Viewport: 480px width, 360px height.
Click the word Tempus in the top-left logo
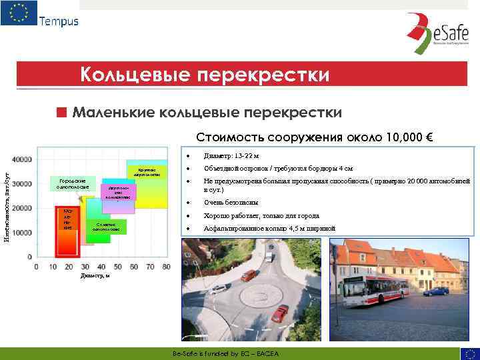pos(59,21)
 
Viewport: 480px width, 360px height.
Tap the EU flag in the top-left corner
pos(19,13)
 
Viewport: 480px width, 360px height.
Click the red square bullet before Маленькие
pos(62,111)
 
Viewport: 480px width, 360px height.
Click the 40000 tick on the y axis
pos(21,159)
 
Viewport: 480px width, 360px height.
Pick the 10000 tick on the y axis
pos(21,232)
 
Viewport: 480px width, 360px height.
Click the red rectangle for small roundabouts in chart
pos(69,220)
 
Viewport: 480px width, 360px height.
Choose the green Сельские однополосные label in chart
pos(106,227)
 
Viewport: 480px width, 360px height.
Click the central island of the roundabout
pos(255,293)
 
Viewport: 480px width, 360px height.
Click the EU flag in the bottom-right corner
pos(469,353)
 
